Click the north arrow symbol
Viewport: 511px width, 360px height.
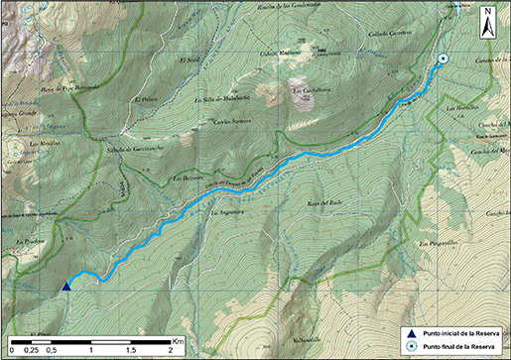click(488, 21)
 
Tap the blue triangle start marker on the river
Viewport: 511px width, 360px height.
click(66, 287)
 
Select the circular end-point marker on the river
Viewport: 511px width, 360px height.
click(443, 60)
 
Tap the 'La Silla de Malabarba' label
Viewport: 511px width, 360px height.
click(219, 99)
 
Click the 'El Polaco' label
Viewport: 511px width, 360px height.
click(146, 100)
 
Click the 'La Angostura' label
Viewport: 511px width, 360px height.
click(227, 211)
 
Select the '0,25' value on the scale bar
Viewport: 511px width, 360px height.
click(31, 350)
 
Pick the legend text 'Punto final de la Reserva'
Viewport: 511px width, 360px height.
click(458, 346)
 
